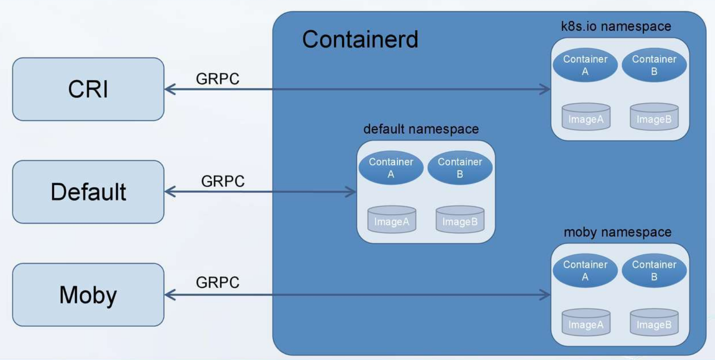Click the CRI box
pyautogui.click(x=88, y=89)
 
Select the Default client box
pyautogui.click(x=88, y=192)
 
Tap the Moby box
pyautogui.click(x=88, y=295)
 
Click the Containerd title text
pyautogui.click(x=360, y=39)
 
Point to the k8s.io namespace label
pyautogui.click(x=616, y=26)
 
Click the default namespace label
pyautogui.click(x=421, y=129)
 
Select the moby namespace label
pyautogui.click(x=617, y=232)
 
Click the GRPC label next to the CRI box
pyautogui.click(x=217, y=79)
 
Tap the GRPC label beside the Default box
pyautogui.click(x=222, y=181)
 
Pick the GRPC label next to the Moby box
pyautogui.click(x=217, y=282)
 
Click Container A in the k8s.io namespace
pyautogui.click(x=585, y=65)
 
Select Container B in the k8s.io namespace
pyautogui.click(x=654, y=65)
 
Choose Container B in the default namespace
pyautogui.click(x=460, y=168)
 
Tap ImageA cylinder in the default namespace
pyautogui.click(x=391, y=219)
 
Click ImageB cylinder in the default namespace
pyautogui.click(x=460, y=219)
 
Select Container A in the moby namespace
pyautogui.click(x=585, y=270)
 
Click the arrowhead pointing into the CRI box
pyautogui.click(x=169, y=89)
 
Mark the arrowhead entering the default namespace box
pyautogui.click(x=351, y=192)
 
